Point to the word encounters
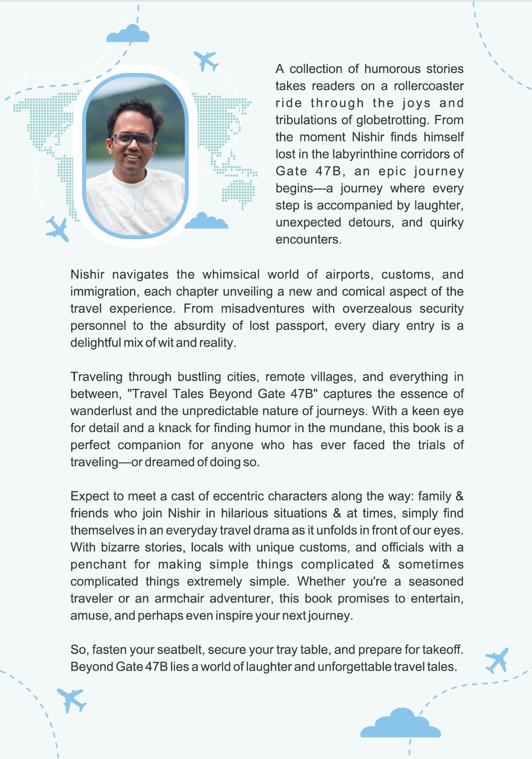[308, 239]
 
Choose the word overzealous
[376, 308]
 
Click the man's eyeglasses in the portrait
[133, 140]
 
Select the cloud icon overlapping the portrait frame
[206, 221]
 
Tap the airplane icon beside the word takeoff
[497, 660]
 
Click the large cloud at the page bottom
[400, 725]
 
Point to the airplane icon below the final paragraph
[72, 699]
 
